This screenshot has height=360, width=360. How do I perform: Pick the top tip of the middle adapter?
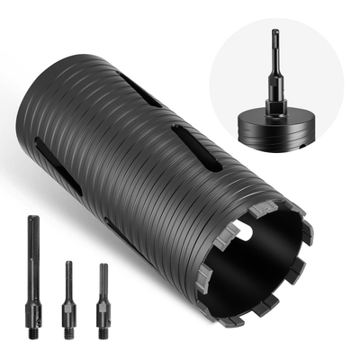(67, 264)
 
